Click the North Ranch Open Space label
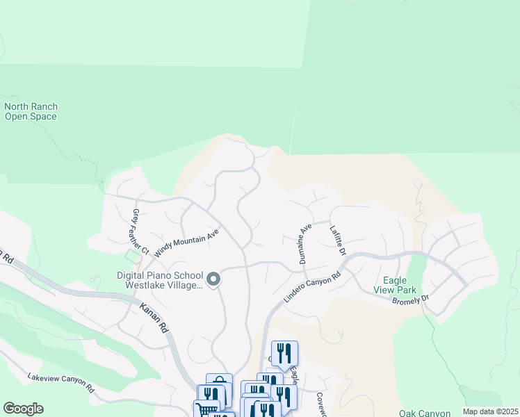tap(31, 112)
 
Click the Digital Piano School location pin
tap(213, 279)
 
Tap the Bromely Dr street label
tap(411, 300)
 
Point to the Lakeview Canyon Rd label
tap(60, 382)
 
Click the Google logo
tap(23, 409)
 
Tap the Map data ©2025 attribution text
tap(490, 411)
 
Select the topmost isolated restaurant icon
tap(284, 354)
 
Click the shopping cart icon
tap(206, 410)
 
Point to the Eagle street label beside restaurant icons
tap(293, 375)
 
